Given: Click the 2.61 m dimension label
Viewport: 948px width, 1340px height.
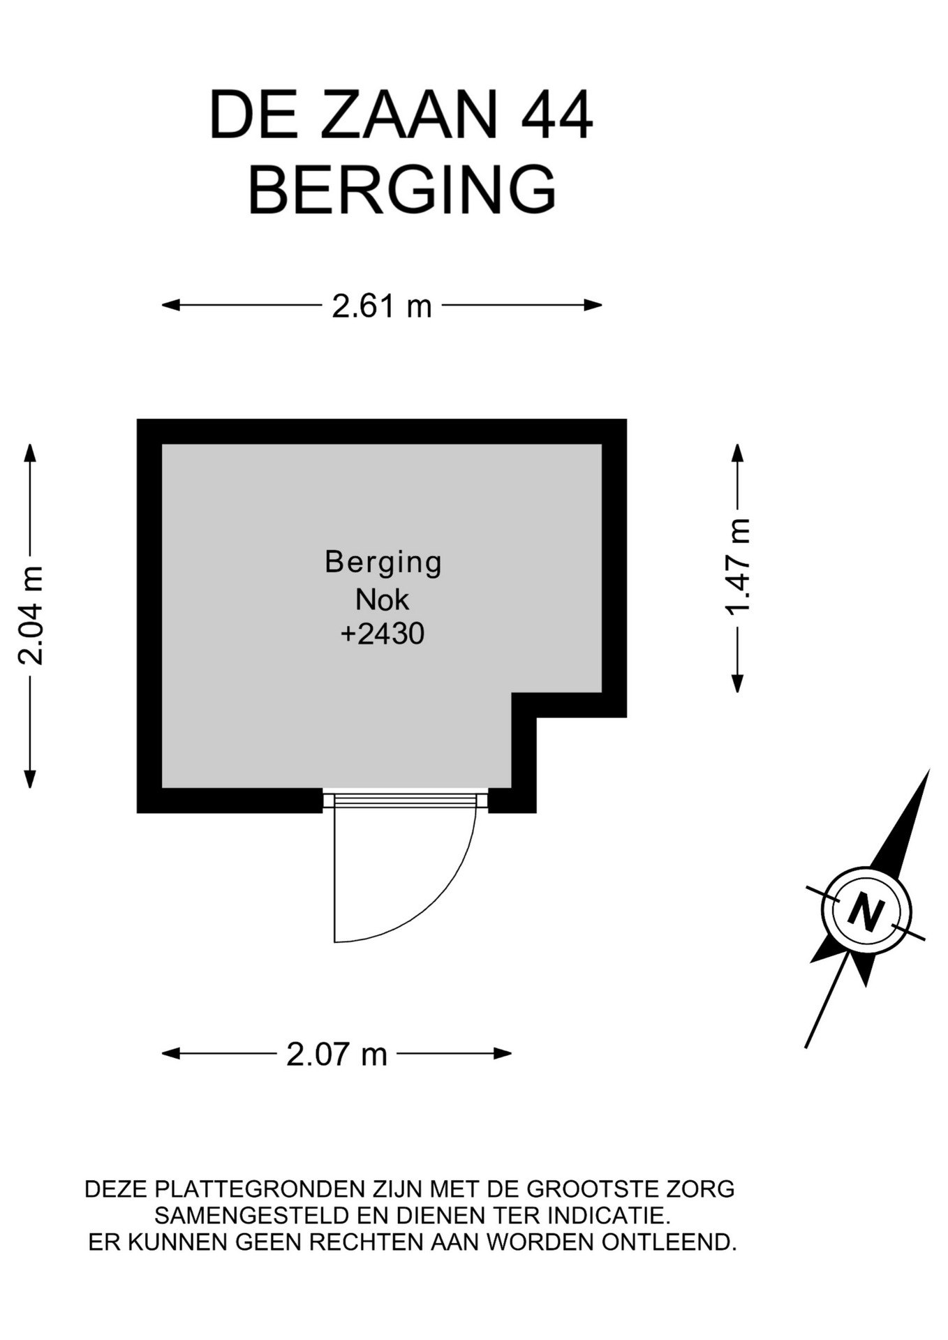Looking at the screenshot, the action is (382, 306).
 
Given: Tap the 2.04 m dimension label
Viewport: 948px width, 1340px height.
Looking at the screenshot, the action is (31, 616).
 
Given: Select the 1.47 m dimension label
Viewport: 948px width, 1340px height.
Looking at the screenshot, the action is (737, 567).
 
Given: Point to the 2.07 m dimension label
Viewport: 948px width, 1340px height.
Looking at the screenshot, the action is (336, 1054).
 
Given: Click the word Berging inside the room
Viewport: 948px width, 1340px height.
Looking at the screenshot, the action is (383, 563).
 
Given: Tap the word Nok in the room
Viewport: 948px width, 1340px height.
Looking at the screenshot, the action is (382, 600).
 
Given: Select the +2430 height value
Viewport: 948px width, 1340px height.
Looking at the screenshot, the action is (383, 634).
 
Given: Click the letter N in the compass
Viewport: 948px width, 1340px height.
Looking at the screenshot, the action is (866, 911).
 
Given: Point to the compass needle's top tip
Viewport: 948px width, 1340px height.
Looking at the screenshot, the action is (929, 770).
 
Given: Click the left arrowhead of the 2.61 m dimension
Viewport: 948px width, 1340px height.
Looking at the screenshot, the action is (170, 305).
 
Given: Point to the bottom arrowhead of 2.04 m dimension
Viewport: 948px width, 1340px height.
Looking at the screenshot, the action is (29, 780).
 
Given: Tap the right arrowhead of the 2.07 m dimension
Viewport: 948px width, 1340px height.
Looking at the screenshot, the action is (503, 1053).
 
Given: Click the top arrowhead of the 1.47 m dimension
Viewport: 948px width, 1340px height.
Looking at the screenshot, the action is (737, 452).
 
